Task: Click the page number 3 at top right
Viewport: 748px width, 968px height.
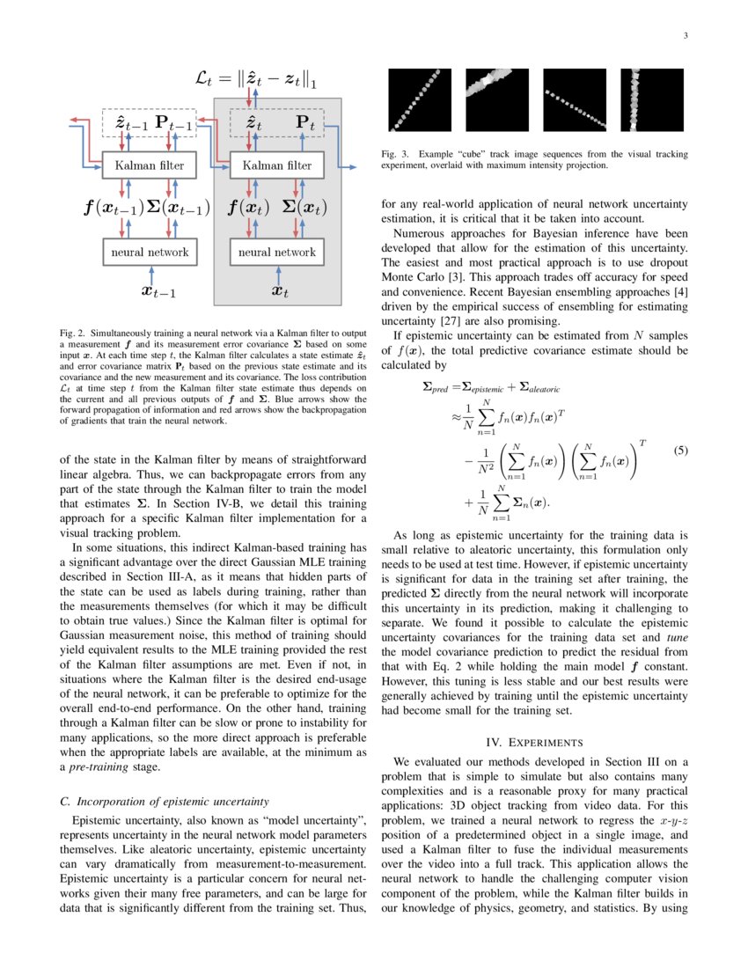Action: coord(685,36)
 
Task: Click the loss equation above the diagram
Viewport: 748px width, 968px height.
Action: coord(255,81)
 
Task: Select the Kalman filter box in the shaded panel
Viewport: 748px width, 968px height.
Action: coord(276,165)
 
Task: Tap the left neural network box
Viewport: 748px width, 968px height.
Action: coord(149,252)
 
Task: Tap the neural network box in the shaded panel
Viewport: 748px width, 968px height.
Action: coord(276,252)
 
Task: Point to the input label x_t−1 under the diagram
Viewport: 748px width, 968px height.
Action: coord(159,291)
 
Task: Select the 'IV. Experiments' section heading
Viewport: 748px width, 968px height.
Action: coord(535,742)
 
